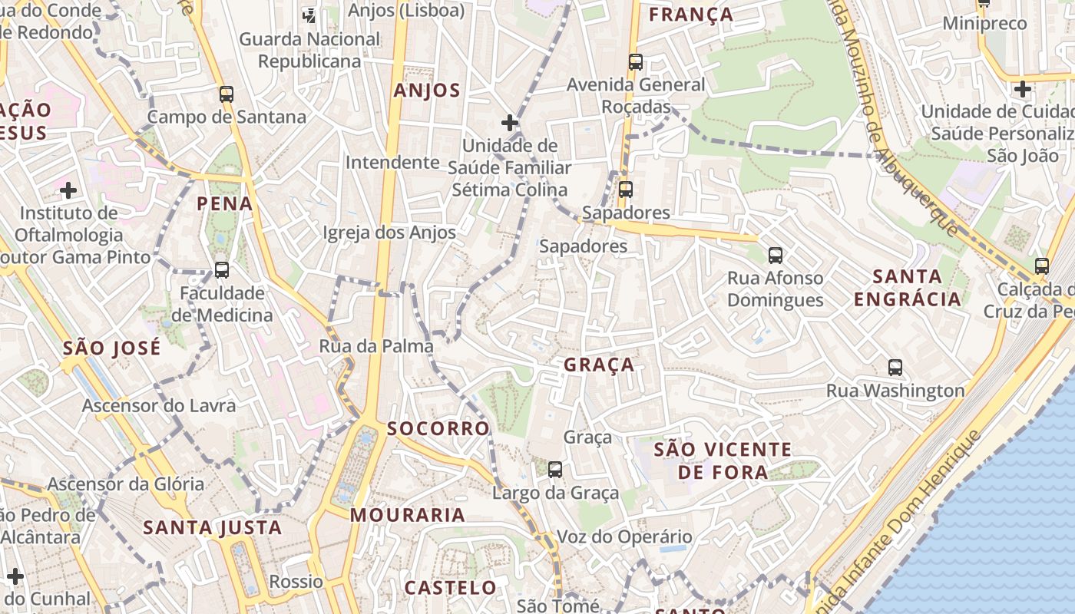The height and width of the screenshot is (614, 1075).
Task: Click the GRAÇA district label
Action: (x=599, y=365)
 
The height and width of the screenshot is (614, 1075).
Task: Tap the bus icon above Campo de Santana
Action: (x=227, y=94)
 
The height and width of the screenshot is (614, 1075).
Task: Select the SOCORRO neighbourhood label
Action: (x=438, y=428)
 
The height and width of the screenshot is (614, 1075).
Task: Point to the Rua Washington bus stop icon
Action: (x=895, y=368)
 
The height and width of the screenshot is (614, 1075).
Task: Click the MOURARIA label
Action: (x=408, y=515)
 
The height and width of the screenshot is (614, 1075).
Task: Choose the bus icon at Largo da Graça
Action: (x=555, y=469)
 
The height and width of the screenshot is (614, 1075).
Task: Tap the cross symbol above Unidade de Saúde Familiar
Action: (x=510, y=122)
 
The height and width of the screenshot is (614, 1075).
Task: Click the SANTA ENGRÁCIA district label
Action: (x=908, y=288)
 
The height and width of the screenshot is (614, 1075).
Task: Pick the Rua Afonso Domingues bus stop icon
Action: (x=776, y=256)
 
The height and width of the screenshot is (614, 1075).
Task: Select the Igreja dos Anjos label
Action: (x=389, y=233)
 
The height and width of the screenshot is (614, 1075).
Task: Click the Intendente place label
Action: (x=392, y=163)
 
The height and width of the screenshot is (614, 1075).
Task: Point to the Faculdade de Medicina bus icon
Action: (x=222, y=270)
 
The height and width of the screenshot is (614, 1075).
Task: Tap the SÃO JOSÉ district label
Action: (x=112, y=348)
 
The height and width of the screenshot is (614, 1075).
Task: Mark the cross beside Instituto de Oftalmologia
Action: (x=68, y=190)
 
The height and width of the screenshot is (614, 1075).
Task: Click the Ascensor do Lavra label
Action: (x=159, y=405)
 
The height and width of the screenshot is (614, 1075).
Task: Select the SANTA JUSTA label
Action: (x=213, y=527)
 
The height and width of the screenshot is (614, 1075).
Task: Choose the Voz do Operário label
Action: (x=624, y=536)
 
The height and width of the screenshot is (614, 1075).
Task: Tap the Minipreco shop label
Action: (x=984, y=24)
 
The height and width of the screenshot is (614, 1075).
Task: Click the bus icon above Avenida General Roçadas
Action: (x=636, y=62)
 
